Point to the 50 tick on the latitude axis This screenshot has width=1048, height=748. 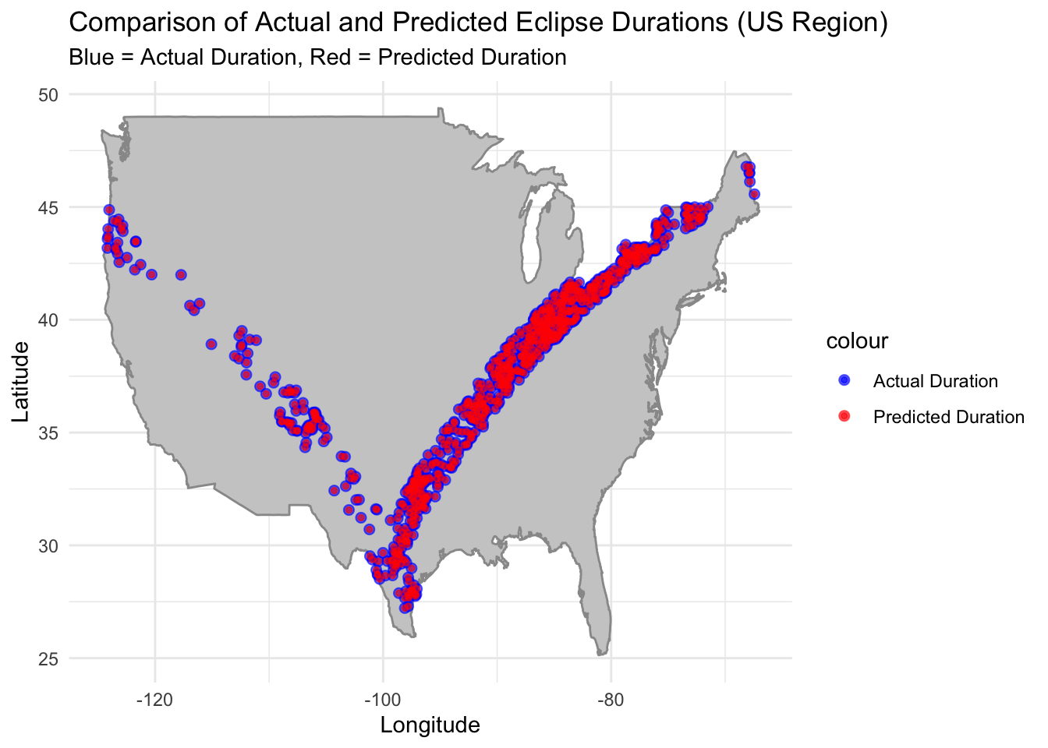click(x=49, y=94)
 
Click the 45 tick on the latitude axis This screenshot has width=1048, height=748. click(x=49, y=207)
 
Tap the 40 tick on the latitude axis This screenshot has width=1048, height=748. click(x=49, y=319)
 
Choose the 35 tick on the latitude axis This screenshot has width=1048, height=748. click(x=49, y=432)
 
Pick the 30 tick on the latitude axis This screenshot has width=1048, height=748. click(x=49, y=545)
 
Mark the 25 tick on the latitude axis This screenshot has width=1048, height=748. click(x=49, y=658)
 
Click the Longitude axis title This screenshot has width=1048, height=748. click(x=430, y=725)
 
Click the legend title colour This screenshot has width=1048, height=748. click(x=857, y=341)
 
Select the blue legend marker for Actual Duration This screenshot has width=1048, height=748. click(x=844, y=381)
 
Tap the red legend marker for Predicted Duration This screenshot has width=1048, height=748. click(x=844, y=417)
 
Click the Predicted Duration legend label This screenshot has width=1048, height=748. click(x=948, y=417)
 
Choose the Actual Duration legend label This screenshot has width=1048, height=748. click(x=935, y=381)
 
